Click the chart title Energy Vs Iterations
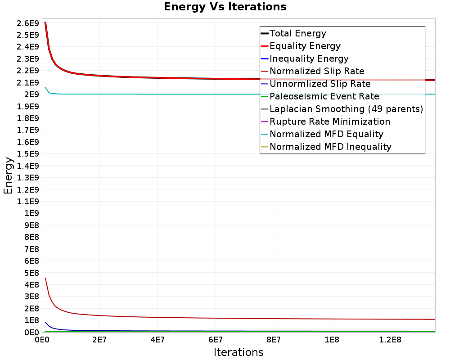point(225,7)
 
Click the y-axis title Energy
point(8,175)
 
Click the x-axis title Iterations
point(238,352)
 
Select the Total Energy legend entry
point(297,33)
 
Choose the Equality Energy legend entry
point(305,46)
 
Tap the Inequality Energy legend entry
point(309,58)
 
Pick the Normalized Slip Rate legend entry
point(317,71)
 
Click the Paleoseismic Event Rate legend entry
point(324,96)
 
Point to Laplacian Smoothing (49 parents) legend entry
point(346,109)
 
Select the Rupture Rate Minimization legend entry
point(330,121)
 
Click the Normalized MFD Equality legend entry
point(326,134)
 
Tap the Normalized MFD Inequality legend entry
point(330,147)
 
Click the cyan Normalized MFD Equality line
point(225,94)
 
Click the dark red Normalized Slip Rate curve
point(225,317)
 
